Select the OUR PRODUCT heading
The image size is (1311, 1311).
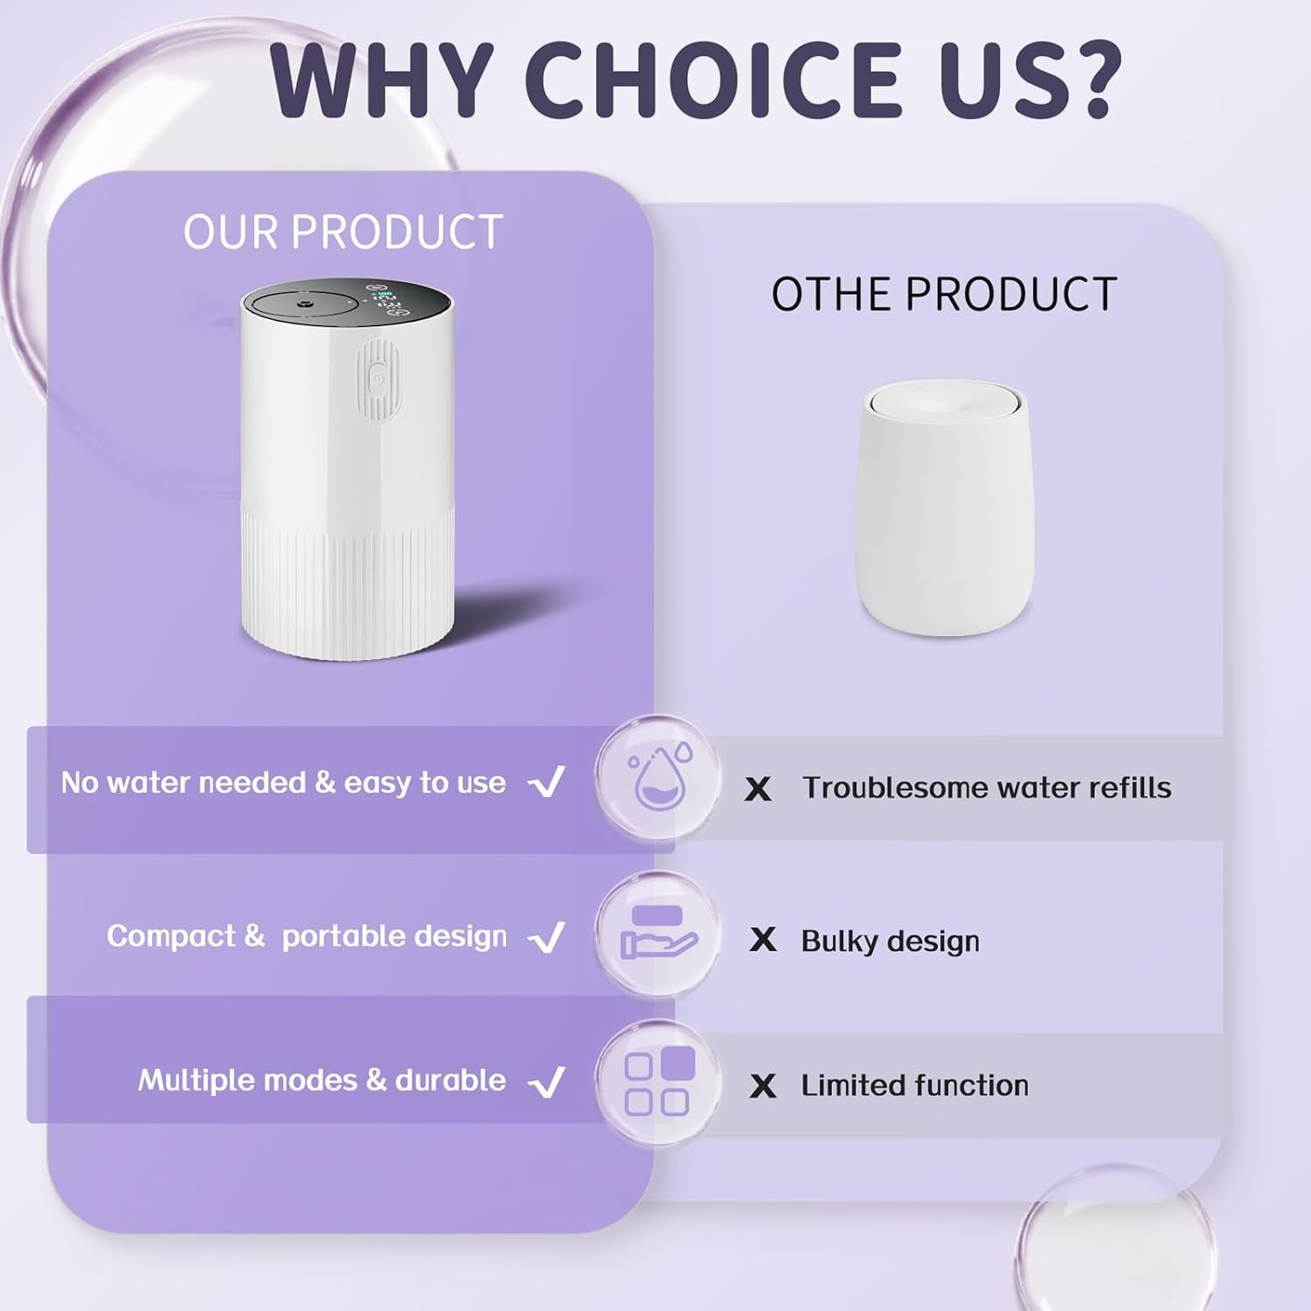click(x=343, y=232)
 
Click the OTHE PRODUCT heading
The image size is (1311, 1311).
click(x=944, y=295)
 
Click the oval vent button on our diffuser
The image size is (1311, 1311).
click(x=378, y=379)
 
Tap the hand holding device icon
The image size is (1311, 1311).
click(x=657, y=933)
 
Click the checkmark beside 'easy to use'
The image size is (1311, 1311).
click(x=547, y=782)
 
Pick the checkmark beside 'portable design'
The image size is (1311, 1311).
click(x=547, y=938)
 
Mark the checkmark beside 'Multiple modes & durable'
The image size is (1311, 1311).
click(x=547, y=1083)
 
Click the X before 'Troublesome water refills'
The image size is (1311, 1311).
click(x=758, y=789)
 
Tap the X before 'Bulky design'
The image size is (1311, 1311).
click(x=763, y=940)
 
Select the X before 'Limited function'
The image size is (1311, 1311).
click(x=763, y=1086)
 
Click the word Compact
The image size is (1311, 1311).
click(x=170, y=936)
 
